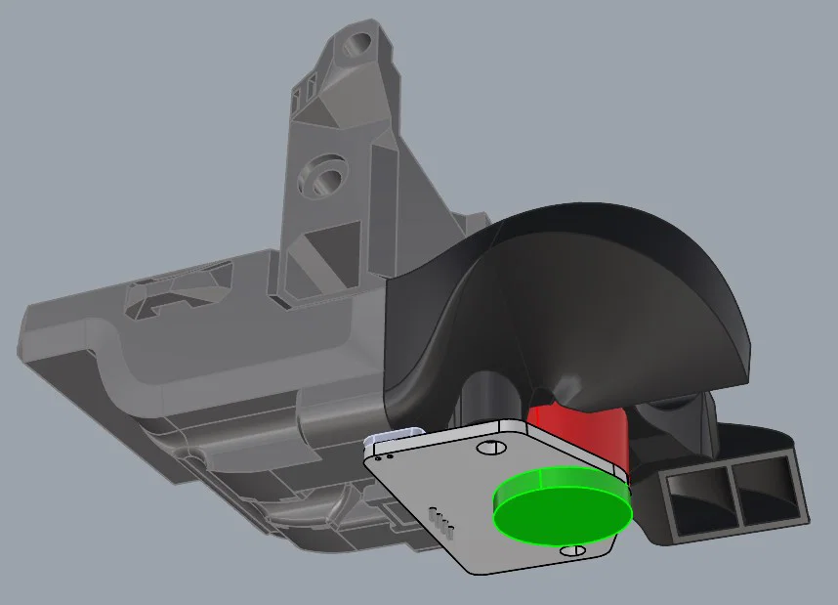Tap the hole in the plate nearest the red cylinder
[x=490, y=447]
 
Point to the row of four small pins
[x=442, y=522]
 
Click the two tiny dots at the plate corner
[x=385, y=454]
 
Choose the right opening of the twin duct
[x=771, y=488]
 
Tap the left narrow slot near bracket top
[x=298, y=95]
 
